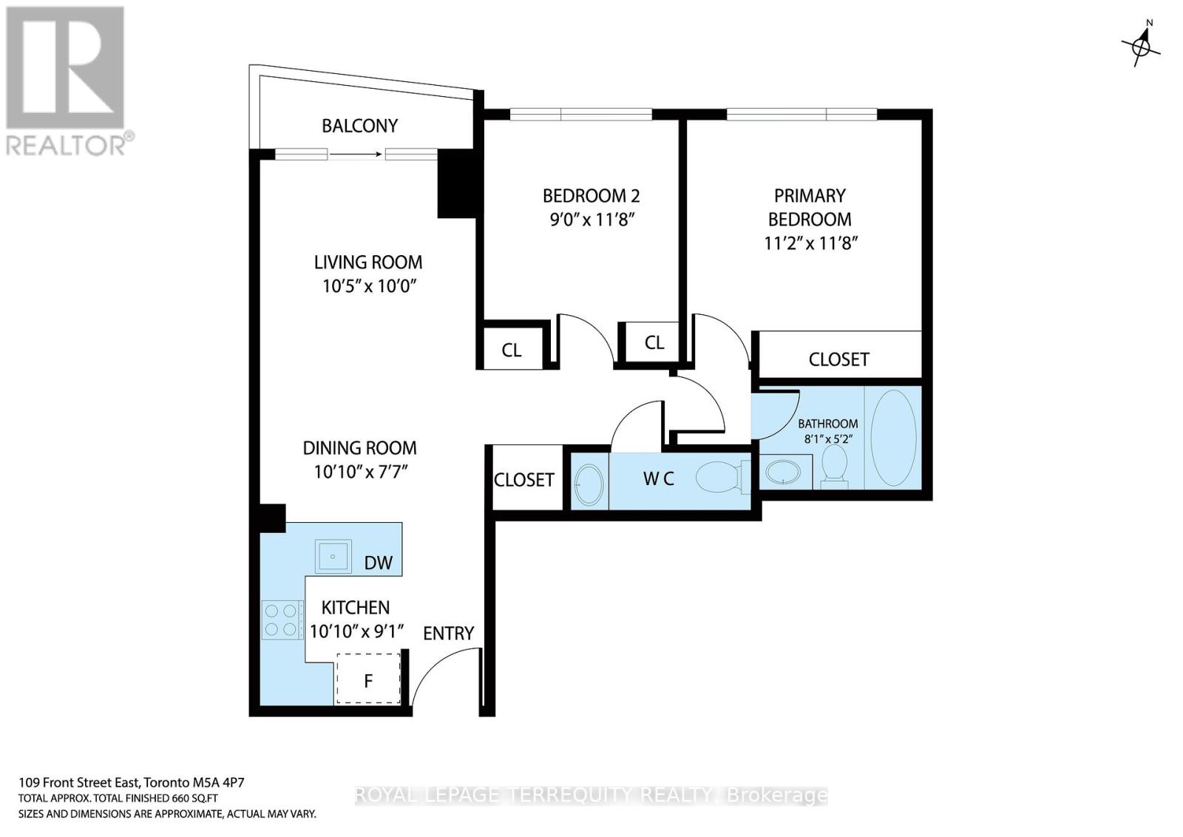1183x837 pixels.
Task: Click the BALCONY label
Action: tap(359, 126)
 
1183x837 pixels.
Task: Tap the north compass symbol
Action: tap(1142, 44)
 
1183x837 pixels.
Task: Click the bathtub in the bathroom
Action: tap(893, 437)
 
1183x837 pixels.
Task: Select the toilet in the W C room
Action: tap(719, 477)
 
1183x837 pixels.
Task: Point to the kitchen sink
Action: tap(333, 556)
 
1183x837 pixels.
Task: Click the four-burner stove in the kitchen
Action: tap(282, 620)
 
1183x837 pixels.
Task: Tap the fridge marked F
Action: tap(367, 680)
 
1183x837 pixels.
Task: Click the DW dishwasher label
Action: tap(378, 563)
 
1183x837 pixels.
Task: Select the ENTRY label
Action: tap(448, 634)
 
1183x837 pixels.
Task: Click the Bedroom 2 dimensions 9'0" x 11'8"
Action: tap(591, 220)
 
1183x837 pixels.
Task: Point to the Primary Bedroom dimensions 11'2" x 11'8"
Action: tap(810, 243)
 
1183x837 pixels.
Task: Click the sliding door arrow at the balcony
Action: tap(356, 155)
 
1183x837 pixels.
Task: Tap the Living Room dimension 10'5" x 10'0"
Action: tap(369, 286)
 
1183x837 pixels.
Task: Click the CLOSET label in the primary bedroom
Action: tap(838, 359)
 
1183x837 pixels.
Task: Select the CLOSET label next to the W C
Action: tap(523, 480)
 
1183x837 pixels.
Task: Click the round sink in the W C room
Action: tap(589, 484)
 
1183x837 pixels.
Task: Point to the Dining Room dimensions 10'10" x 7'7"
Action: tap(360, 472)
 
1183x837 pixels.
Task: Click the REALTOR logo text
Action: tap(70, 144)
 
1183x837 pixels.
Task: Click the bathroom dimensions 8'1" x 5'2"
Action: tap(827, 438)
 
